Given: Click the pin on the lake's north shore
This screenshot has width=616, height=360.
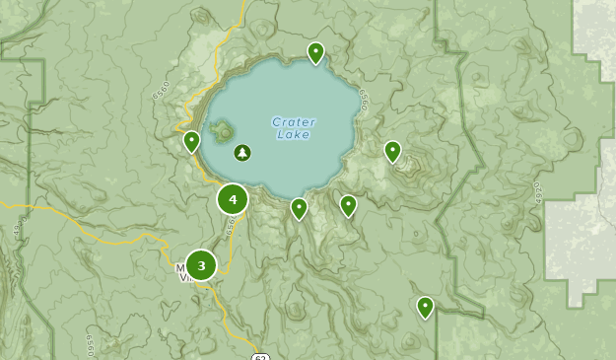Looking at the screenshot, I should (x=315, y=51).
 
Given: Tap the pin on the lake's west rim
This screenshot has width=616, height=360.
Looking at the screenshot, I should (x=192, y=141).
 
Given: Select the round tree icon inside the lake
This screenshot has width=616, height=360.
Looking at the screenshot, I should (x=242, y=153).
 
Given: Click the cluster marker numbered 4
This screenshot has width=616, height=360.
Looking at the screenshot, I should (x=233, y=200).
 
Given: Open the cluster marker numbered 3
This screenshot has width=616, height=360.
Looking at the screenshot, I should (x=201, y=264).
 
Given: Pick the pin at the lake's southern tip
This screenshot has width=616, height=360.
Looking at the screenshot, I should (x=299, y=207).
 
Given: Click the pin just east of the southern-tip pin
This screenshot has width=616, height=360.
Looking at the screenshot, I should (x=348, y=204).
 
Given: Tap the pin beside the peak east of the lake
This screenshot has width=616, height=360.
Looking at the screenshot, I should (x=392, y=150).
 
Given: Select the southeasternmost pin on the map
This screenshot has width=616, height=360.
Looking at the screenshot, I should (x=425, y=306).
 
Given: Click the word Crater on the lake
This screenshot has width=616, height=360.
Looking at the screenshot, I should (x=294, y=122).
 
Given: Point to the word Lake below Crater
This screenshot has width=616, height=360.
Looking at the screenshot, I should (x=294, y=135).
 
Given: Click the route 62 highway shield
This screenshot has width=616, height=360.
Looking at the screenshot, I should (x=258, y=355).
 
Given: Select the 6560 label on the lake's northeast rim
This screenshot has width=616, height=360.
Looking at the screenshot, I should (x=364, y=98).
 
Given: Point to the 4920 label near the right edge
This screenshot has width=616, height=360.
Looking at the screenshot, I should (x=538, y=191).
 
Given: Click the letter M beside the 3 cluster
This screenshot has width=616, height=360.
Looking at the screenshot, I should (x=180, y=266).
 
